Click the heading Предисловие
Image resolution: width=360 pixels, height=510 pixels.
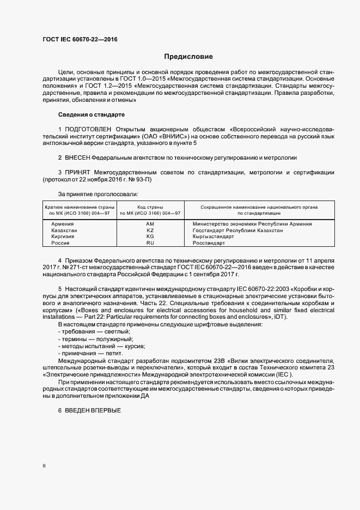(x=188, y=57)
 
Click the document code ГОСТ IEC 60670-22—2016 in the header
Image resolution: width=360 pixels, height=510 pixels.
(x=80, y=40)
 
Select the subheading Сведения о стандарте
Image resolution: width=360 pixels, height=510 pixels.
(x=91, y=115)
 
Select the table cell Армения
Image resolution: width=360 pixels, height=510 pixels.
(x=63, y=224)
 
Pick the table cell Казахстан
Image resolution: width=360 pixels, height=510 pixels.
(x=64, y=230)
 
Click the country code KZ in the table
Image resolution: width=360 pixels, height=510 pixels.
(x=150, y=230)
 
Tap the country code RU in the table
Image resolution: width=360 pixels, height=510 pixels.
(x=150, y=243)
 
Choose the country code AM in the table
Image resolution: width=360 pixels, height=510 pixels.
(x=150, y=224)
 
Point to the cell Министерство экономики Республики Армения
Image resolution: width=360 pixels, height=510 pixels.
(x=252, y=224)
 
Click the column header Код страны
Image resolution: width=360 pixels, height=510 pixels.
(x=150, y=207)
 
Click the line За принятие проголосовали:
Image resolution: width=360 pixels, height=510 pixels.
(x=97, y=193)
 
